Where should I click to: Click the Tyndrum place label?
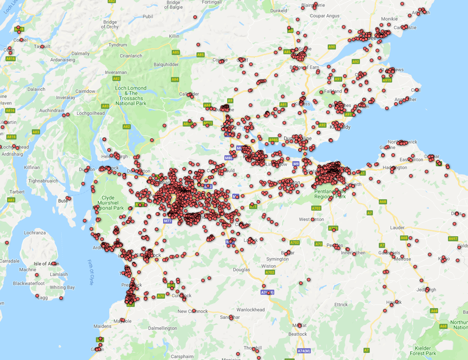click(x=118, y=45)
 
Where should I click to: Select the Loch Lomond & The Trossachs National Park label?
click(x=131, y=96)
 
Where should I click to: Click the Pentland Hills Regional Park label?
click(x=330, y=194)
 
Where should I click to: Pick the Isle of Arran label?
click(x=46, y=263)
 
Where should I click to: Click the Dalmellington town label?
click(x=162, y=328)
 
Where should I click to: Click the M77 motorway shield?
click(x=168, y=221)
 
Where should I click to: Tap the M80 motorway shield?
click(x=229, y=158)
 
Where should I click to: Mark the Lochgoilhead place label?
click(x=90, y=113)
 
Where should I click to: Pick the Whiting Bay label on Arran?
click(x=62, y=288)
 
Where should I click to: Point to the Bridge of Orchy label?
click(x=110, y=25)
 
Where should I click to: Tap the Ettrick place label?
click(x=341, y=305)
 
